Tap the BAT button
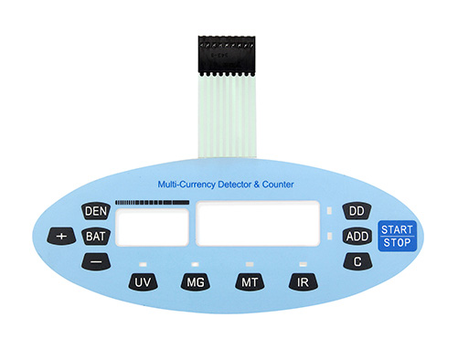click(96, 237)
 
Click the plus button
click(61, 236)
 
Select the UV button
click(143, 282)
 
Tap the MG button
click(196, 282)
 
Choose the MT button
click(250, 282)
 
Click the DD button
click(357, 211)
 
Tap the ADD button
click(357, 236)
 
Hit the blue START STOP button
click(397, 236)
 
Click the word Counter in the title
click(278, 185)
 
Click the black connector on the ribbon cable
click(227, 55)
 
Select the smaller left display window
click(152, 228)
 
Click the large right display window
click(258, 223)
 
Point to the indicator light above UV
click(143, 264)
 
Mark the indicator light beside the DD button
click(329, 211)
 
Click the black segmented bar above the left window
click(152, 202)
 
